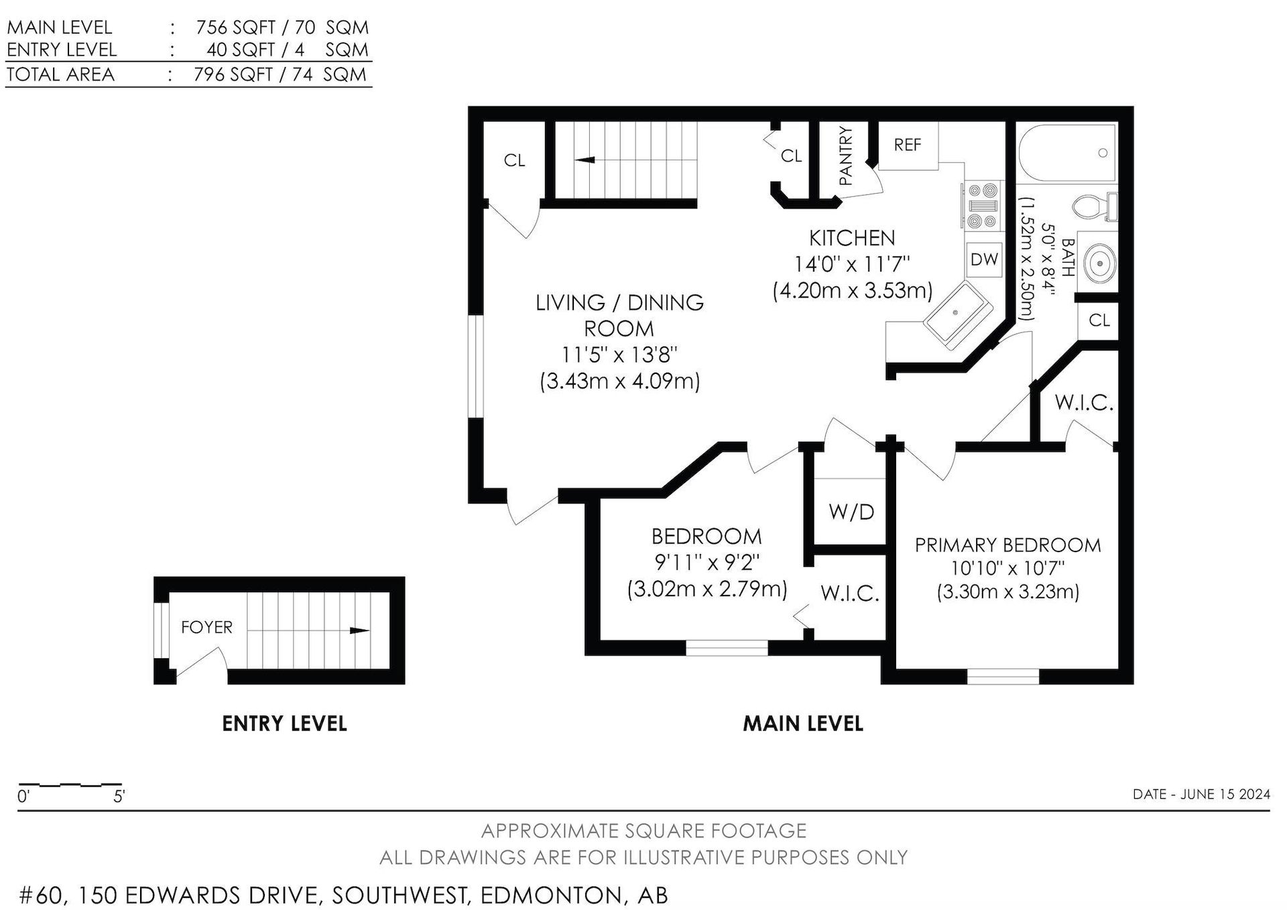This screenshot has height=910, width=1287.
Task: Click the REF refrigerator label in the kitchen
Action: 908,145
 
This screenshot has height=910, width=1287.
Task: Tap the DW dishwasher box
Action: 984,259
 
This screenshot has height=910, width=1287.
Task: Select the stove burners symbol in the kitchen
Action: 984,205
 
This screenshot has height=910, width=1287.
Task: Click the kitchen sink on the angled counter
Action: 957,314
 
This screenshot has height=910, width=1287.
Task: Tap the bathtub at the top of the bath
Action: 1067,153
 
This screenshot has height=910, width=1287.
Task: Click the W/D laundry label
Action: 851,512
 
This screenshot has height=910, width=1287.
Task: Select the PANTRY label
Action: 845,156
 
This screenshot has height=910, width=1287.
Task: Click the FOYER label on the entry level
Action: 206,627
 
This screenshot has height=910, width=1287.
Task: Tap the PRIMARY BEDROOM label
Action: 1007,545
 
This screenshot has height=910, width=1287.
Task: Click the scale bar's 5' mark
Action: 119,797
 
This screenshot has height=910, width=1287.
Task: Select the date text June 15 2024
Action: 1225,794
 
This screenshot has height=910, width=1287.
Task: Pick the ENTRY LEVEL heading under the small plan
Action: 284,724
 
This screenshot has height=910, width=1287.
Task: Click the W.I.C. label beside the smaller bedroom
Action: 849,594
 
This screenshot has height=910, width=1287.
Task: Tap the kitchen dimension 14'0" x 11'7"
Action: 851,264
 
